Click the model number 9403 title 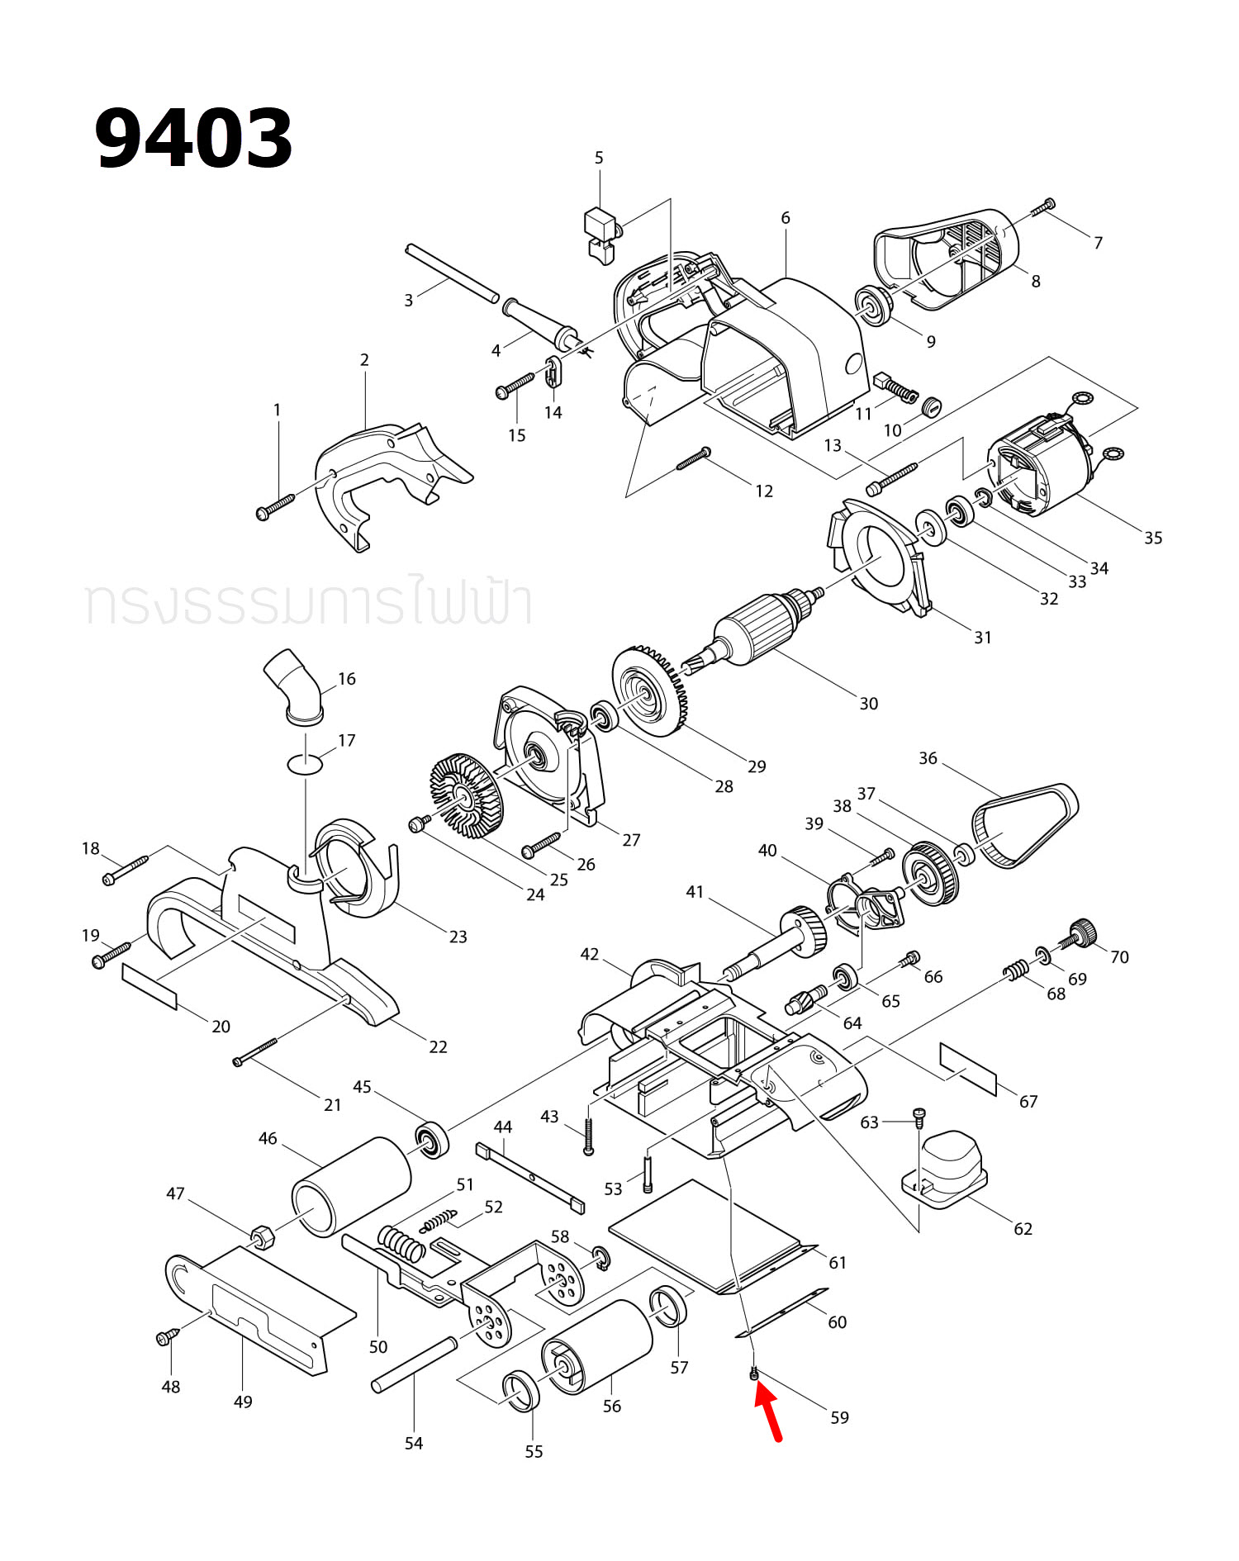(x=193, y=138)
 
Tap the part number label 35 (x=1153, y=538)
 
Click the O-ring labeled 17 (x=305, y=763)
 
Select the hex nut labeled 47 (x=263, y=1236)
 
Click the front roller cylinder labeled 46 (x=352, y=1186)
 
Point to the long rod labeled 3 (x=452, y=273)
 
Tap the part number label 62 (x=1023, y=1228)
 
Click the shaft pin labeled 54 (x=414, y=1364)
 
